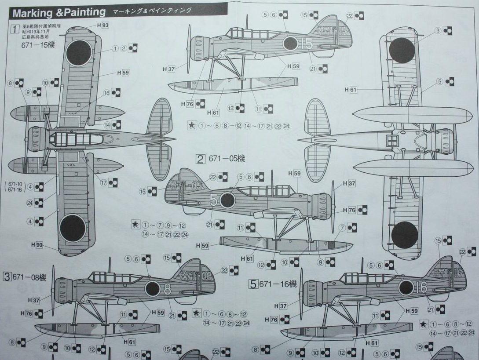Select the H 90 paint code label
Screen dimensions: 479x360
37,245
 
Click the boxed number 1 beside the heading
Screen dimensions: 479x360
15,30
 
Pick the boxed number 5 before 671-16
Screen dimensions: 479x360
253,284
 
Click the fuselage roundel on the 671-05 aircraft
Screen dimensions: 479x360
227,200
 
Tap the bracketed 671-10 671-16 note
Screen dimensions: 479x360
15,186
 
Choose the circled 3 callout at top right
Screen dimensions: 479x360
438,30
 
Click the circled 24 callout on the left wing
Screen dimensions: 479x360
29,203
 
